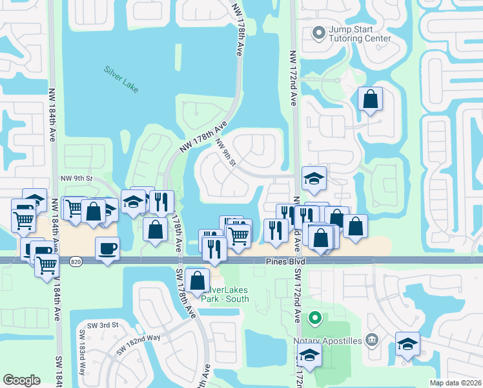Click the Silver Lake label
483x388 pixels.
point(121,78)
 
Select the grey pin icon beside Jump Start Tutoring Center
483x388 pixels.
point(318,32)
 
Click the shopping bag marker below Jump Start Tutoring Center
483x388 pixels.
point(370,100)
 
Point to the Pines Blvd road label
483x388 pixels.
point(285,261)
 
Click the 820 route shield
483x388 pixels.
point(76,261)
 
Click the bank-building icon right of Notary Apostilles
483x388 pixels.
point(371,339)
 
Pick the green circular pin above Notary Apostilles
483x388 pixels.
point(314,318)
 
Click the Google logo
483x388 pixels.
point(21,380)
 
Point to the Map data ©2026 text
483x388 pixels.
point(455,383)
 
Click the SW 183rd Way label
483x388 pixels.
point(83,352)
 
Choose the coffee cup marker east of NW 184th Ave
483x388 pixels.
point(107,248)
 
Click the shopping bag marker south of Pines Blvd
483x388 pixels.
point(197,281)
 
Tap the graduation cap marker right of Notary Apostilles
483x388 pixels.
point(407,344)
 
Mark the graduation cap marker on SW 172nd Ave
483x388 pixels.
point(309,356)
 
